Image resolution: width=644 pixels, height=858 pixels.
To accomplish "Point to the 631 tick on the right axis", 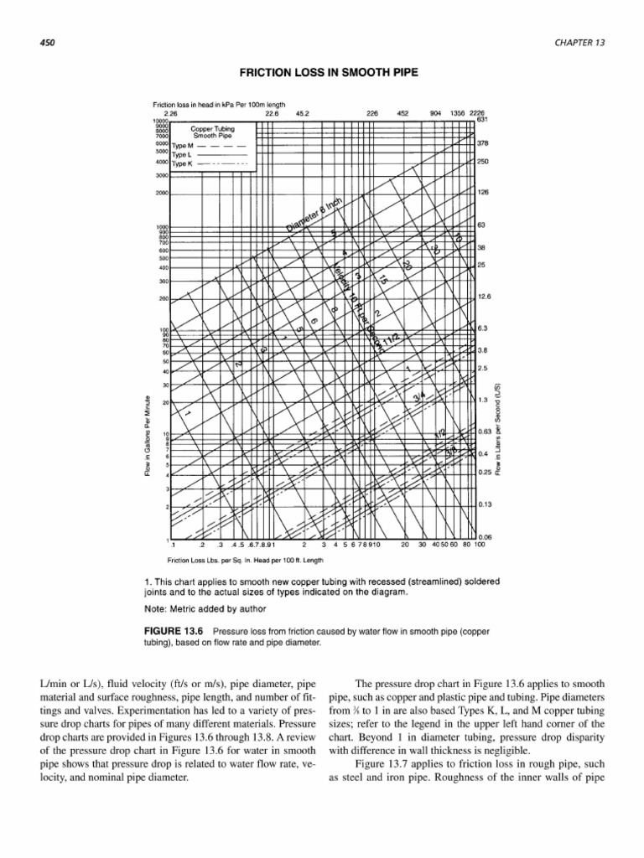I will tap(482, 119).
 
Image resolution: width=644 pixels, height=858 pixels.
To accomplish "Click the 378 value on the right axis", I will tap(483, 143).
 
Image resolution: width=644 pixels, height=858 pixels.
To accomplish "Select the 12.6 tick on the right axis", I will tap(485, 297).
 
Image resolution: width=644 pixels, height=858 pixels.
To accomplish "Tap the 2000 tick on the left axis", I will tap(161, 194).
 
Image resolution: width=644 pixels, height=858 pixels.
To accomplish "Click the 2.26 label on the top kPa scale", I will tap(171, 112).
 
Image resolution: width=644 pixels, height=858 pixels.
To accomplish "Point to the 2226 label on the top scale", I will tap(478, 112).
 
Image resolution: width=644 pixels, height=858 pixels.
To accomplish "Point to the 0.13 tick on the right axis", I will tap(485, 504).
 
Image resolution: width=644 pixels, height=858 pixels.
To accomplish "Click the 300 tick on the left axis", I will tap(163, 282).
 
